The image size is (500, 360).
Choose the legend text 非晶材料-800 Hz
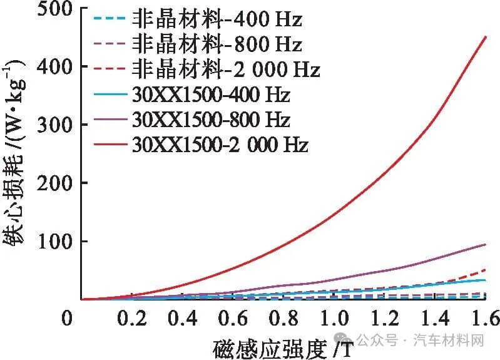click(217, 44)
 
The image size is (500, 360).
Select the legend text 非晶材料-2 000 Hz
click(226, 69)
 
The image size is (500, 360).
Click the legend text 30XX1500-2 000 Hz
click(220, 145)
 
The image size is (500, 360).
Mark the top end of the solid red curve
click(486, 36)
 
